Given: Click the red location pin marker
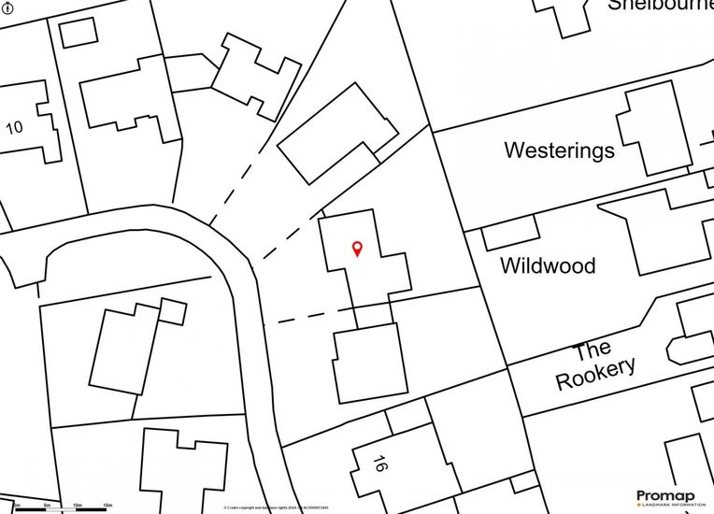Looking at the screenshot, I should pos(357,248).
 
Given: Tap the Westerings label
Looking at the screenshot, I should pos(559,150).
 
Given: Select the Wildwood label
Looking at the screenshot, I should pos(548,265).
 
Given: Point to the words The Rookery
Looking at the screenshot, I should pos(595,366).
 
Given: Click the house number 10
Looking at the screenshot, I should pos(14,127).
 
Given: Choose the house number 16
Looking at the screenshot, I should pos(379,464).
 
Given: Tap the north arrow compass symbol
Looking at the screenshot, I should pos(8,8).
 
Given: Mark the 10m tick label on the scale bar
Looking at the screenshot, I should pos(78,506).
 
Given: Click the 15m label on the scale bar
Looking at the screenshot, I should pos(107,506).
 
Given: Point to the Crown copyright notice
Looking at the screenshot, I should pos(276,508).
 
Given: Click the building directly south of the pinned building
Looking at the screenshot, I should pos(370,364).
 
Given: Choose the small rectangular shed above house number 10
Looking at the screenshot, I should pos(78,31).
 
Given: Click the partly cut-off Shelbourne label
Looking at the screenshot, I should pos(660,5).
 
